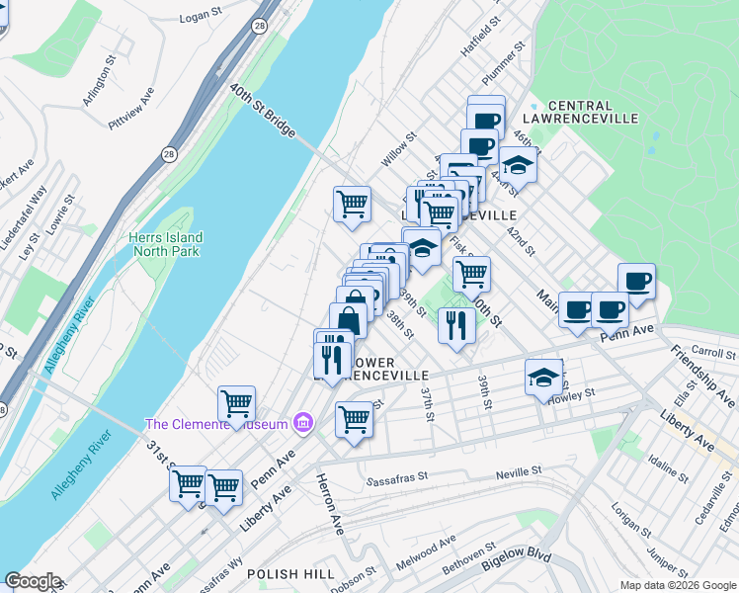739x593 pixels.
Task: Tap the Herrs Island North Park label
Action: point(165,244)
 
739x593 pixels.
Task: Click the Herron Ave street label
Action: point(328,503)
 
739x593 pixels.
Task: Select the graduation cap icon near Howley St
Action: point(543,378)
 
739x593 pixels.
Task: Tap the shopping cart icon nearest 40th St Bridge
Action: point(352,205)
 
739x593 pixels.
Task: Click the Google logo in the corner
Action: point(33,581)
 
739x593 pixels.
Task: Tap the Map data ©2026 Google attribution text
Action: point(678,585)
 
